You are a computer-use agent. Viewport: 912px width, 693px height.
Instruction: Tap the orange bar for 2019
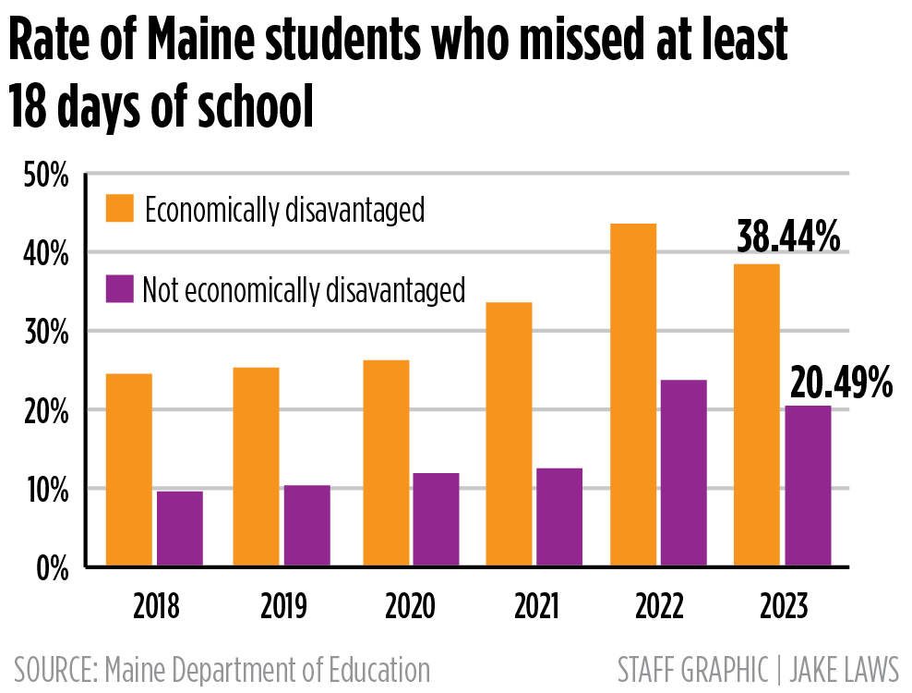pyautogui.click(x=256, y=467)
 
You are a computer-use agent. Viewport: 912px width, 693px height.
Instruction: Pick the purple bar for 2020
pyautogui.click(x=436, y=519)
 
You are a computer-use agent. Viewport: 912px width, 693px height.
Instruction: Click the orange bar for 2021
pyautogui.click(x=510, y=434)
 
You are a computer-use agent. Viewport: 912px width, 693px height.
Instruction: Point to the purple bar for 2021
pyautogui.click(x=559, y=517)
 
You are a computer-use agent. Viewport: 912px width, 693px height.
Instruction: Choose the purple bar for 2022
pyautogui.click(x=684, y=473)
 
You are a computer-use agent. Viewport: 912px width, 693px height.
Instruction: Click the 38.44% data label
pyautogui.click(x=788, y=237)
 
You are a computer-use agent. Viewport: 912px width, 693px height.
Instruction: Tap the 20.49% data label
pyautogui.click(x=839, y=382)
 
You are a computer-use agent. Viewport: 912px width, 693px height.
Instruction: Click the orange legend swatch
pyautogui.click(x=120, y=209)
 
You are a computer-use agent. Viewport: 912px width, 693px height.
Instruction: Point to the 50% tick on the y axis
pyautogui.click(x=45, y=175)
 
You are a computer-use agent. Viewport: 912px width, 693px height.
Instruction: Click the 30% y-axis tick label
pyautogui.click(x=45, y=332)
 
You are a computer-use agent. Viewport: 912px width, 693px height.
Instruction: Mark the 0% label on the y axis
pyautogui.click(x=51, y=568)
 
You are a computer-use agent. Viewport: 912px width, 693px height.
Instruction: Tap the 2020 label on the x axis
pyautogui.click(x=411, y=607)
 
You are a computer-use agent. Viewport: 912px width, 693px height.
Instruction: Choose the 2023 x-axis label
pyautogui.click(x=783, y=607)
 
